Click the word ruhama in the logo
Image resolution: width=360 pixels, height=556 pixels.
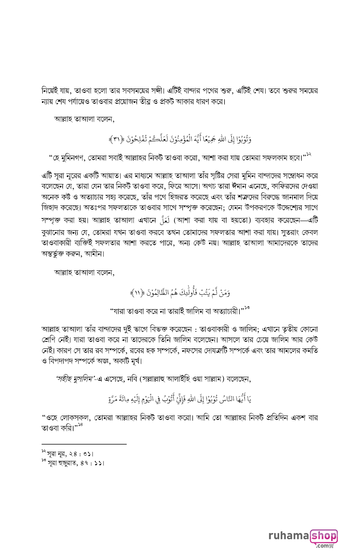pos(288,536)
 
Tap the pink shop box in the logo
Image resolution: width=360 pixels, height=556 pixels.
pos(323,536)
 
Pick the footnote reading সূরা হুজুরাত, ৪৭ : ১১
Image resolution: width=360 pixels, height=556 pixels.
pos(72,462)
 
